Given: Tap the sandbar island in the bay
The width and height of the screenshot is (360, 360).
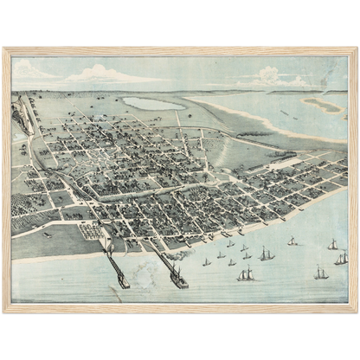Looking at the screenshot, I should (x=321, y=105).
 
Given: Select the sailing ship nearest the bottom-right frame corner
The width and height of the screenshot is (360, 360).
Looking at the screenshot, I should (x=321, y=273).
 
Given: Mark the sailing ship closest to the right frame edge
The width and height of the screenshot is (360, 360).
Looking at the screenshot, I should (x=342, y=258).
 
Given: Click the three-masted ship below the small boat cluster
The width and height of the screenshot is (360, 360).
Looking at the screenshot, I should (x=247, y=274).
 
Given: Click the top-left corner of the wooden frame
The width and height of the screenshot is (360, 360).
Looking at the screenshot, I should (x=4, y=49).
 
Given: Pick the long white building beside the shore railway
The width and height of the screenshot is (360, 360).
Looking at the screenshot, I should (x=286, y=163).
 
